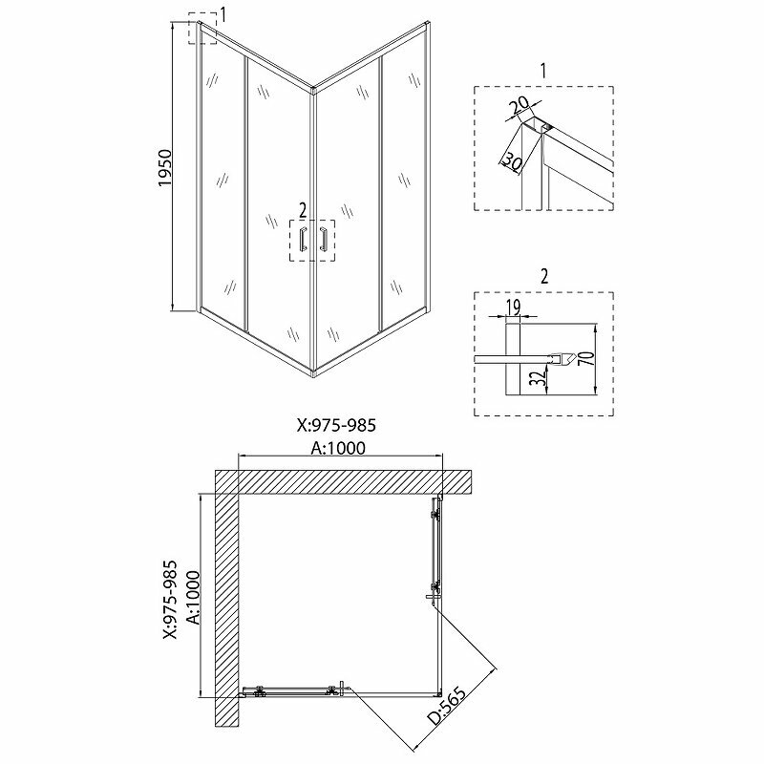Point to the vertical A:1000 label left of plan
point(191,596)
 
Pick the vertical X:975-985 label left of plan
point(169,596)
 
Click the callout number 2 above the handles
point(303,209)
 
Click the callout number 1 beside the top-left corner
point(223,13)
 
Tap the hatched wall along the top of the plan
point(344,481)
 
